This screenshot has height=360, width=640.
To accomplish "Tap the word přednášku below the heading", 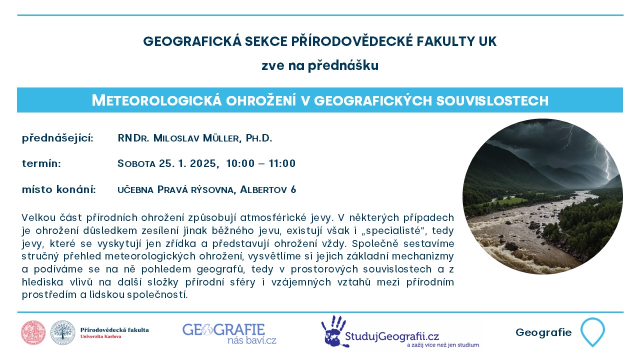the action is (x=343, y=66).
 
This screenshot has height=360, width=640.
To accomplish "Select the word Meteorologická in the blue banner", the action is (x=156, y=100).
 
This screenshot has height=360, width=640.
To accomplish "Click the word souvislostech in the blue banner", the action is (x=492, y=100).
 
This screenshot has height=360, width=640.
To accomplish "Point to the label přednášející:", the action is (x=57, y=139).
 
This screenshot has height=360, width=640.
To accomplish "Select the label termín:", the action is (x=41, y=163).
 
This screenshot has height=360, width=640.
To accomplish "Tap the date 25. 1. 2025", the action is (x=188, y=163).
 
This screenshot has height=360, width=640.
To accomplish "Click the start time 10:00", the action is (x=240, y=163).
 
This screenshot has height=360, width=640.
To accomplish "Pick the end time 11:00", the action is (x=282, y=163).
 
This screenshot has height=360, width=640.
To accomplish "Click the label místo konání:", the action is (x=59, y=189).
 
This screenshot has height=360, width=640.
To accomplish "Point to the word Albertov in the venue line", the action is (x=263, y=189).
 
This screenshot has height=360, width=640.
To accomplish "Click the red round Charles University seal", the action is (x=33, y=332).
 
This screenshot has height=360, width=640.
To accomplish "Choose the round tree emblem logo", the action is (x=63, y=332).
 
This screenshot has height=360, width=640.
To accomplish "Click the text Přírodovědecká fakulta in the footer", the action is (x=114, y=330).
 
